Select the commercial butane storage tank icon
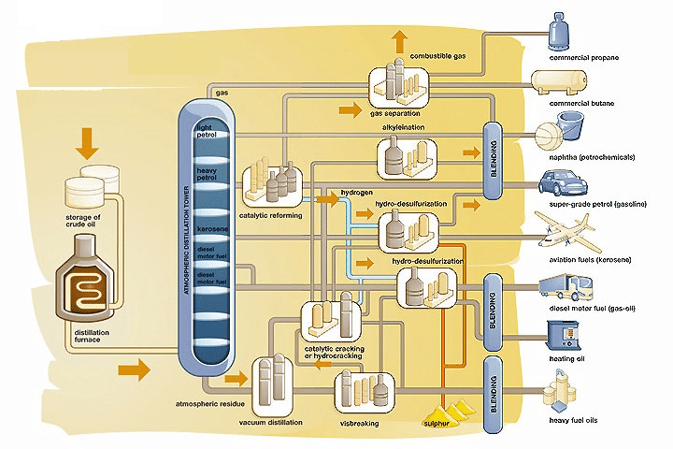click(x=558, y=84)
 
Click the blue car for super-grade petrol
click(x=560, y=183)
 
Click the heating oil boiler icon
click(x=563, y=333)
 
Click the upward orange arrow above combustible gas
click(x=400, y=40)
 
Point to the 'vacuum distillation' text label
click(x=271, y=423)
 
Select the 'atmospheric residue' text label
click(x=210, y=403)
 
